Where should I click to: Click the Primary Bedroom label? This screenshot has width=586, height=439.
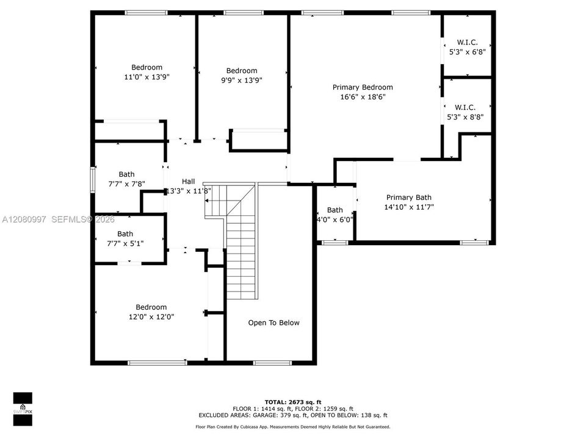pos(363,87)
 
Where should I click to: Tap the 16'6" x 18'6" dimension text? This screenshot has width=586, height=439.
pos(363,97)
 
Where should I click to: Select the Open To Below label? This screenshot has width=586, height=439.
pos(273,323)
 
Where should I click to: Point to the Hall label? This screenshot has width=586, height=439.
pos(189,182)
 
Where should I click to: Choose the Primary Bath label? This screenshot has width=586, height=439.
pos(409,198)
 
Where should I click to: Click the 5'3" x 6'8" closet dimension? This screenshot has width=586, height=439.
pos(467,52)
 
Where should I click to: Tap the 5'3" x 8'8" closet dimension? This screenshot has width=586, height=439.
pos(465,117)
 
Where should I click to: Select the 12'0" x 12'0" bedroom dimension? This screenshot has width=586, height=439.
pos(151,317)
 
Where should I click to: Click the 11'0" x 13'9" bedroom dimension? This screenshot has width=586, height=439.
pos(147,77)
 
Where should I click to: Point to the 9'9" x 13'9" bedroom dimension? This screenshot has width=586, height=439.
pos(242,80)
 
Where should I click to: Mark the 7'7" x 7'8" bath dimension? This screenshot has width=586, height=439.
pos(127,184)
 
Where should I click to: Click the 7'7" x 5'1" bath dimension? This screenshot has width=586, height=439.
pos(125,244)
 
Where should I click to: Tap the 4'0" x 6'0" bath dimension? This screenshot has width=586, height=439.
pos(335,220)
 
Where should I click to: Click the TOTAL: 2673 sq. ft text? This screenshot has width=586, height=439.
pos(293,402)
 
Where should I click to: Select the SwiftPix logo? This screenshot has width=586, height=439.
pos(23,409)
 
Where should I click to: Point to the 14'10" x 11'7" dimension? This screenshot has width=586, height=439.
pos(409,207)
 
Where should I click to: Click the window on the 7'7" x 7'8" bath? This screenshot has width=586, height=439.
pos(93,180)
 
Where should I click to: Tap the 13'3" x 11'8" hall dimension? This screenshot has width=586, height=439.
pos(189,191)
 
